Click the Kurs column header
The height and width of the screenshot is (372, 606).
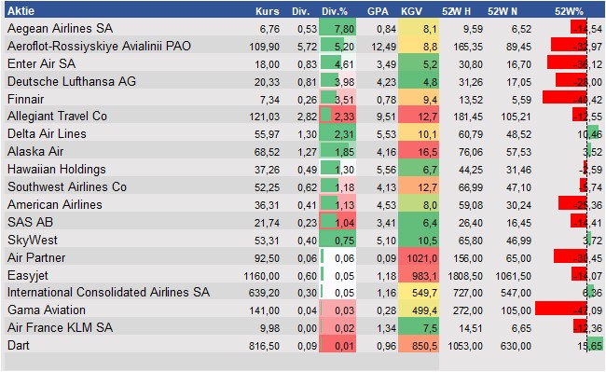(267, 12)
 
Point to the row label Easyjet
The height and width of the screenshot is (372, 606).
(28, 276)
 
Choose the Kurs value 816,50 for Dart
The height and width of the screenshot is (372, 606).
(263, 344)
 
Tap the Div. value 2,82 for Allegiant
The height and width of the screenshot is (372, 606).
(299, 115)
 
